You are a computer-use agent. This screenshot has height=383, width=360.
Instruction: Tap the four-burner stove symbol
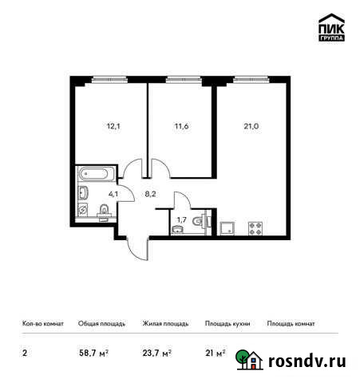[257, 228]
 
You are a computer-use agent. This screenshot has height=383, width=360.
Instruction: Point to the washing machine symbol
[83, 210]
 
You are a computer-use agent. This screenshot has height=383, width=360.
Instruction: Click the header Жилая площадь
[165, 324]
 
